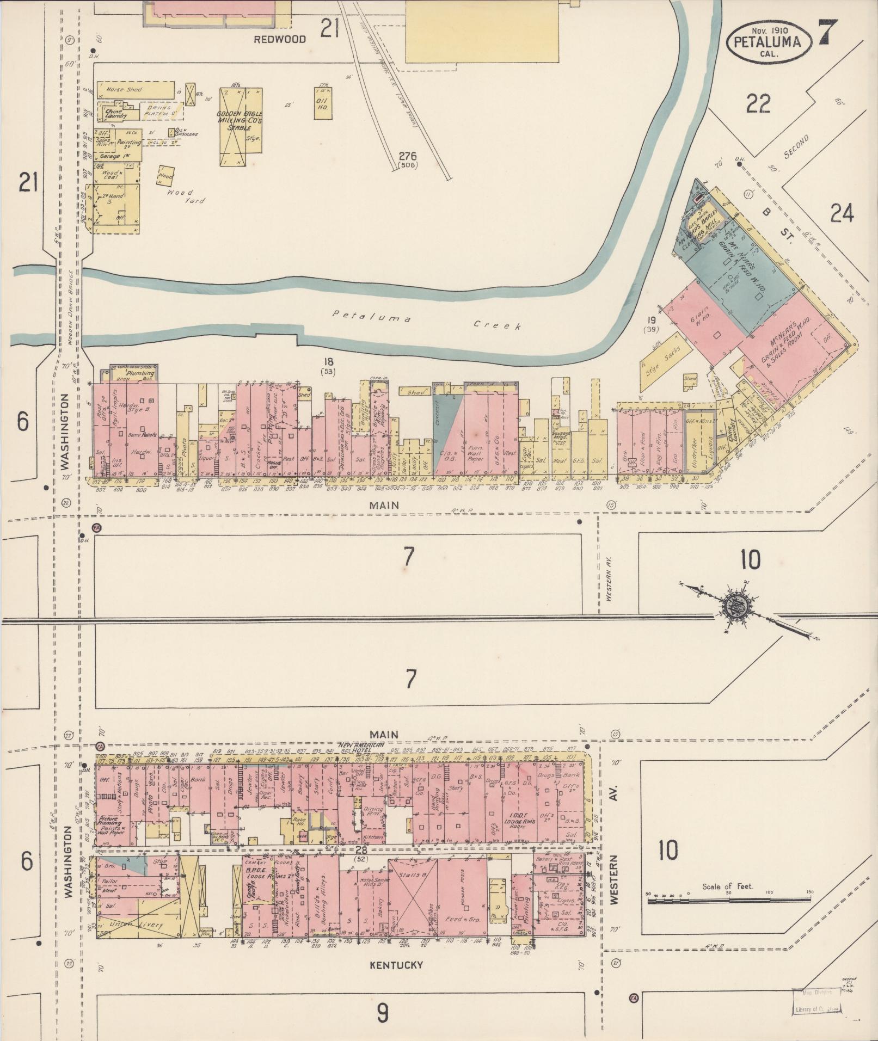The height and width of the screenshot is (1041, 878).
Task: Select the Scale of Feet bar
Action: point(728,901)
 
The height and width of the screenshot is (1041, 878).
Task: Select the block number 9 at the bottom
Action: point(383,1013)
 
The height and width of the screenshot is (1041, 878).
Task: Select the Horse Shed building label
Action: point(124,89)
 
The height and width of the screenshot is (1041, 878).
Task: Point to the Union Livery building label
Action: point(128,924)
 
